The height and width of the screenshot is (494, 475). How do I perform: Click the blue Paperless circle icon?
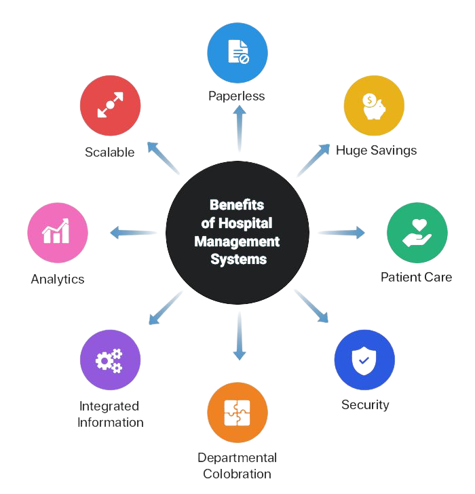(x=237, y=52)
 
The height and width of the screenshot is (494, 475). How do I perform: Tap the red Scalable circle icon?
(x=111, y=107)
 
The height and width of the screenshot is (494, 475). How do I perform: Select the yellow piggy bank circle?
(x=374, y=105)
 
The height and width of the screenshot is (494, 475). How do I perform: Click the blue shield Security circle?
(x=365, y=360)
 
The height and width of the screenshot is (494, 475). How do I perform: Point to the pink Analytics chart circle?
(x=58, y=232)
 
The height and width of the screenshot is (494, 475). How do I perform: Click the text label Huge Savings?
(x=377, y=150)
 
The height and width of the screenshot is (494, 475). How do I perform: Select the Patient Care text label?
(x=417, y=277)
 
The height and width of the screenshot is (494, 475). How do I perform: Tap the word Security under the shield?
(x=366, y=405)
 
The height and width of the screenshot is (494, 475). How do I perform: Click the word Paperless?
(x=237, y=96)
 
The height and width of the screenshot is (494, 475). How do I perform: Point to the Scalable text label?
(x=110, y=152)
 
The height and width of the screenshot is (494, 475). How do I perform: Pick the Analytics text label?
(x=58, y=278)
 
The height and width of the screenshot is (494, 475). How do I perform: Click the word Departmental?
(x=237, y=458)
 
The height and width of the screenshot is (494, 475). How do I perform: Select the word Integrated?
(x=110, y=406)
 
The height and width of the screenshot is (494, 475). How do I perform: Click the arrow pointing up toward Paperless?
(x=238, y=128)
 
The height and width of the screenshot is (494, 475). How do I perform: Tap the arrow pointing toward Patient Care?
(x=341, y=233)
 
